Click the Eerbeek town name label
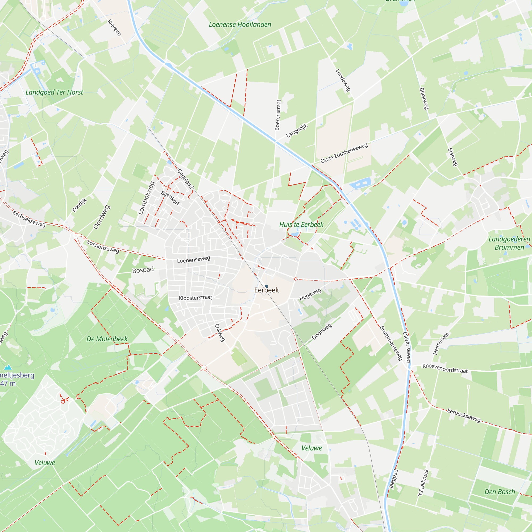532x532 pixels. (266, 290)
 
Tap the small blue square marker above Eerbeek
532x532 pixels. (267, 286)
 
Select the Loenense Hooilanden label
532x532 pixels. (240, 24)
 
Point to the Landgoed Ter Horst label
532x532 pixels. (54, 92)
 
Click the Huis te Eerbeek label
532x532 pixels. (301, 225)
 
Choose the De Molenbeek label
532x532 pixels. (107, 339)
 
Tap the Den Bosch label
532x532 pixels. (500, 492)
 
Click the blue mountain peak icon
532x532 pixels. (8, 367)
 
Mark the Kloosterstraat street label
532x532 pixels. (196, 298)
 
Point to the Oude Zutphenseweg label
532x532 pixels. (344, 153)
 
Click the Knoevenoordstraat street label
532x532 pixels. (445, 368)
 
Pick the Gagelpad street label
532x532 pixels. (185, 179)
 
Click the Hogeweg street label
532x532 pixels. (310, 295)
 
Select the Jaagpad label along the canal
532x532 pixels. (393, 479)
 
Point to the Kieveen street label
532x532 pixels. (114, 28)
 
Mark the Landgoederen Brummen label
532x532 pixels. (509, 243)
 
